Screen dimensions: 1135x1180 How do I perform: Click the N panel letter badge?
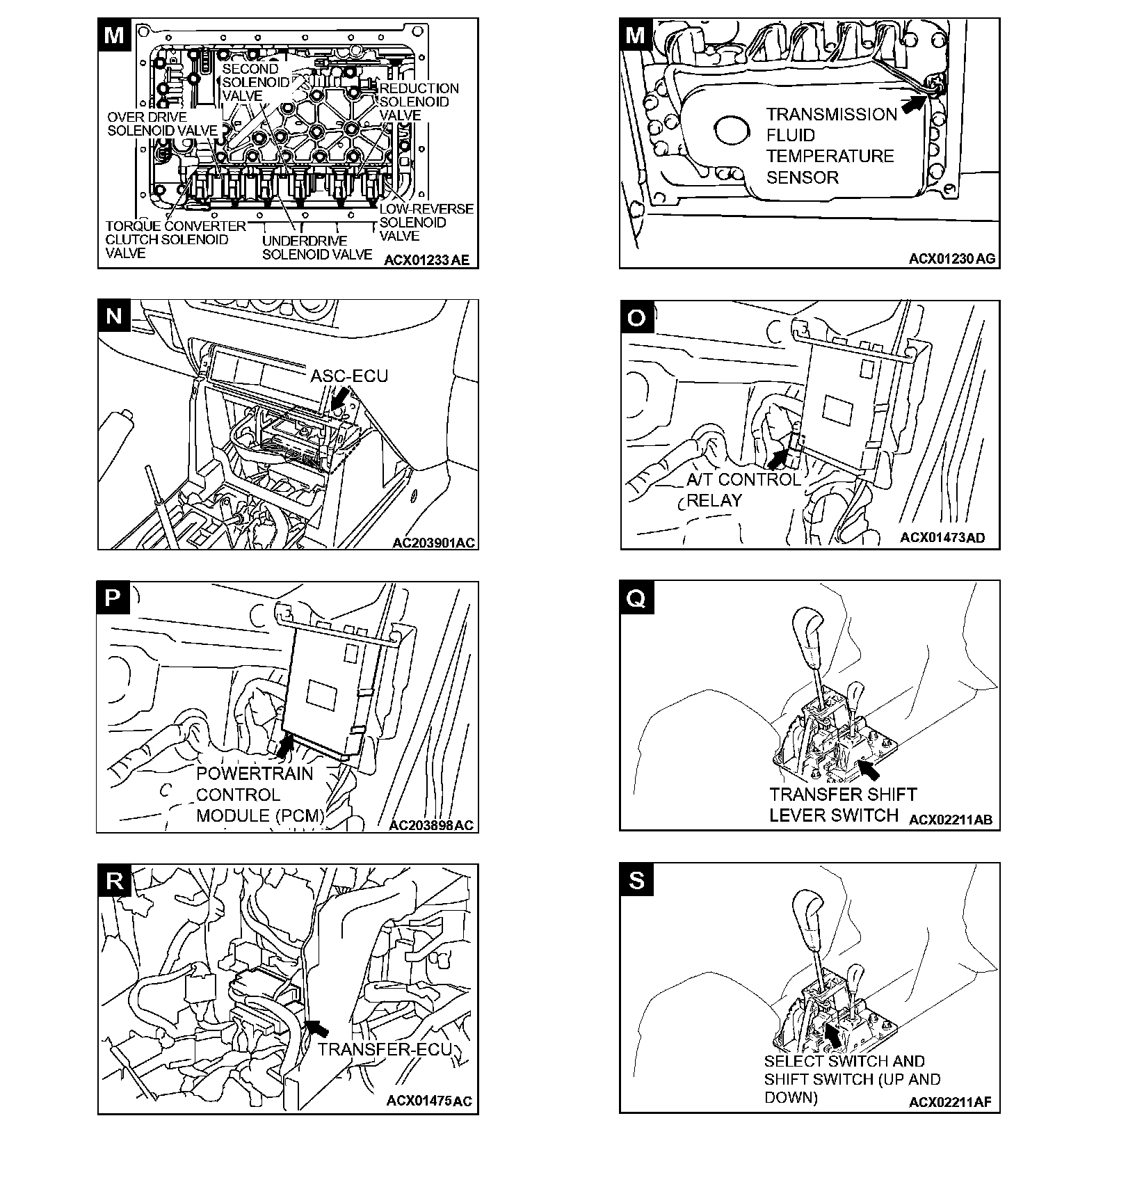pyautogui.click(x=114, y=317)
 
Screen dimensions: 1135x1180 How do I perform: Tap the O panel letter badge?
pyautogui.click(x=636, y=317)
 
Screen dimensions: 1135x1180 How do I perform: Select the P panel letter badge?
pyautogui.click(x=113, y=598)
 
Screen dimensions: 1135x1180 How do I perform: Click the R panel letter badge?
pyautogui.click(x=115, y=881)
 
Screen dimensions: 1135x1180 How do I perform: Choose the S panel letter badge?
pyautogui.click(x=636, y=880)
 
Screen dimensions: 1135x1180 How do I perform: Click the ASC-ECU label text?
pyautogui.click(x=349, y=376)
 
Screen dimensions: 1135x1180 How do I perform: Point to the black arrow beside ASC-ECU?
pyautogui.click(x=339, y=399)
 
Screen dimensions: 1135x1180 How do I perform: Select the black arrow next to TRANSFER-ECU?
pyautogui.click(x=317, y=1027)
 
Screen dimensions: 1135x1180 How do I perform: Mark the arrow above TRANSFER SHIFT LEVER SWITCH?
pyautogui.click(x=869, y=769)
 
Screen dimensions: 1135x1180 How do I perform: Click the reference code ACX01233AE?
pyautogui.click(x=426, y=261)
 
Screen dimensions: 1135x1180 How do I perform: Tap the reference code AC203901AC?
pyautogui.click(x=434, y=542)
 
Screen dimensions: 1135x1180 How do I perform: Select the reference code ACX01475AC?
pyautogui.click(x=429, y=1101)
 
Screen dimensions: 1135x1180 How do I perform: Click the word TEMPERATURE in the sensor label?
pyautogui.click(x=830, y=156)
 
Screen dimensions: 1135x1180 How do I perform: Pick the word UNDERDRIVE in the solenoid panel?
pyautogui.click(x=305, y=241)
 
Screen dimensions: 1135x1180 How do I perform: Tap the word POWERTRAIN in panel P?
pyautogui.click(x=255, y=774)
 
